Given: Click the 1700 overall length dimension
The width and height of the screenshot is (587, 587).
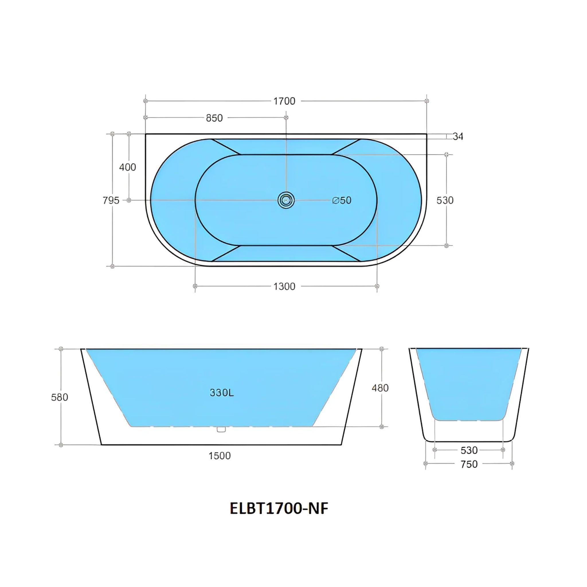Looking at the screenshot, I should (x=284, y=101).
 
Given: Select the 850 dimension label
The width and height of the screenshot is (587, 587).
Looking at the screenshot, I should (x=214, y=118).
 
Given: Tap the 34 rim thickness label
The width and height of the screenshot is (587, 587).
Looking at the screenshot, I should (x=457, y=136).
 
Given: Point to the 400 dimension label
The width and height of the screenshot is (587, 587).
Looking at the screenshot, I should (x=127, y=167).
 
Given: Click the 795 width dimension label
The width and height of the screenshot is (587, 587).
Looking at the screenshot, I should (x=111, y=200).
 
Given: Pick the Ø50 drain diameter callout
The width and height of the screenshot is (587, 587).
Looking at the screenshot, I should (x=342, y=200).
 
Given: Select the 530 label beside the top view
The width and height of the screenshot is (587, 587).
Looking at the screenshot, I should (x=445, y=200).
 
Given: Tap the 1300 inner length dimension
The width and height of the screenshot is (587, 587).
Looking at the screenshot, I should (x=284, y=286).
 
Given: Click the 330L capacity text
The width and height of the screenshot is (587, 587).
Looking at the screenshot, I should (x=222, y=393).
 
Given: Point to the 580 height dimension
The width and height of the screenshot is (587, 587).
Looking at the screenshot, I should (x=60, y=397).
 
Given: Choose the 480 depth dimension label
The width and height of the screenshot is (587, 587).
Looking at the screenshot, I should (x=380, y=388).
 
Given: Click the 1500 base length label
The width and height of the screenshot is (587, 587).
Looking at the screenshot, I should (x=220, y=456).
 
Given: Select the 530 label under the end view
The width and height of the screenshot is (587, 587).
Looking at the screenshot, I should (x=469, y=450).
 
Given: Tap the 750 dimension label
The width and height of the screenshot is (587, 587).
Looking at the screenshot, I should (x=469, y=464).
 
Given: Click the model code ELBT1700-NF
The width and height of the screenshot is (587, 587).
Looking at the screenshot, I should (x=279, y=509).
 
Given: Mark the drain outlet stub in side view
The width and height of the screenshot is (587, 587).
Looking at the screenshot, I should (x=221, y=429).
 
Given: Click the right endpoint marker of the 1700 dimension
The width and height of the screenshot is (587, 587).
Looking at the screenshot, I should (x=427, y=101).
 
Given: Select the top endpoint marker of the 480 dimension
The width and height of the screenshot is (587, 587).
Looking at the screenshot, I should (x=382, y=349).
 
